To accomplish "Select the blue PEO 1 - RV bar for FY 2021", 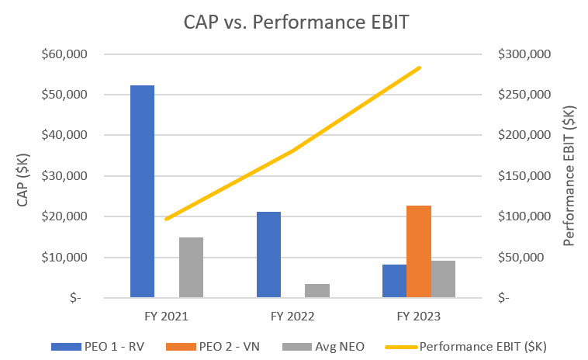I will point(142,191).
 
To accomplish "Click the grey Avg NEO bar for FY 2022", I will point(317,290).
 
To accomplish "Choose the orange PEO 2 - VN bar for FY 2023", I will point(419,251).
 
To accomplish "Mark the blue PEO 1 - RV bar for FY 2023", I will point(394,280).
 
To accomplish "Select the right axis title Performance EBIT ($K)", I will point(570,176).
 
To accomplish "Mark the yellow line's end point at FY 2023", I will point(420,68).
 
